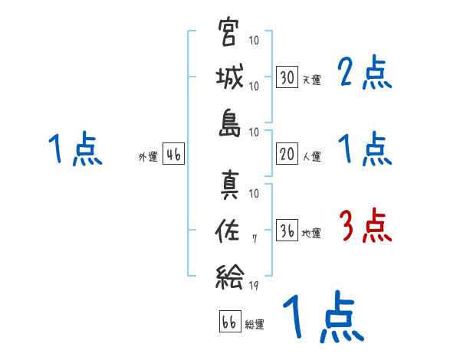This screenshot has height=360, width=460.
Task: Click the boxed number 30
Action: pyautogui.click(x=287, y=77)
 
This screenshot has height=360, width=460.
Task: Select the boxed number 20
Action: pyautogui.click(x=287, y=154)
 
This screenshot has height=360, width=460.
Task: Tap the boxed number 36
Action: pyautogui.click(x=287, y=231)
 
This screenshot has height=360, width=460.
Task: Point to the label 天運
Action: pyautogui.click(x=311, y=80)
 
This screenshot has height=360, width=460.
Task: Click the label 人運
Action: pyautogui.click(x=311, y=156)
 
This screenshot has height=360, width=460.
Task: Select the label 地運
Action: pyautogui.click(x=311, y=233)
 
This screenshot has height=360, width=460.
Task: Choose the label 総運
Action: pyautogui.click(x=255, y=325)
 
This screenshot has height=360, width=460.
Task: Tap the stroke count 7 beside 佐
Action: pyautogui.click(x=255, y=240)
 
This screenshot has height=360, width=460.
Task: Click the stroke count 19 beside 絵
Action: pyautogui.click(x=254, y=284)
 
